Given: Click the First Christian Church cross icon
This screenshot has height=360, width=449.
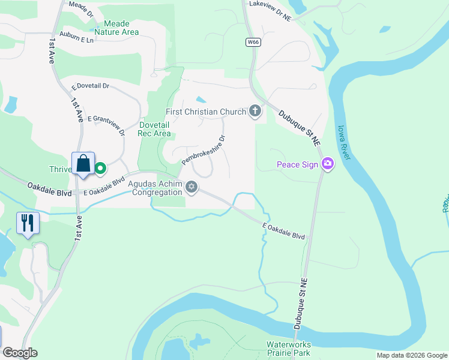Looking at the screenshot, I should point(255,111).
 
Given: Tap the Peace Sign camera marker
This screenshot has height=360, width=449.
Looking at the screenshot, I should point(327,163).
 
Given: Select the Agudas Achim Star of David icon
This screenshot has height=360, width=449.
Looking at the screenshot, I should point(192,187).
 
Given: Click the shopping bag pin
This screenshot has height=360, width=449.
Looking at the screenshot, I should point(83,164).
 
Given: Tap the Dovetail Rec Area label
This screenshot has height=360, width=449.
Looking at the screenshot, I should point(155,129).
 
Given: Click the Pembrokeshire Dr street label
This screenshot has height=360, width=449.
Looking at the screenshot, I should point(203,150).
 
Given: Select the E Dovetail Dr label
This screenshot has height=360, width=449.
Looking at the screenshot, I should point(91,86).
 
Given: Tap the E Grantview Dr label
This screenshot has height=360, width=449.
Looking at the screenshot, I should point(106,123).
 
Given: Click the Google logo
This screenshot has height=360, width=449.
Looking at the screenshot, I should point(20,353).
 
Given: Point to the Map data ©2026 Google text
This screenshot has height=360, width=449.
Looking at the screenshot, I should point(412,355).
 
